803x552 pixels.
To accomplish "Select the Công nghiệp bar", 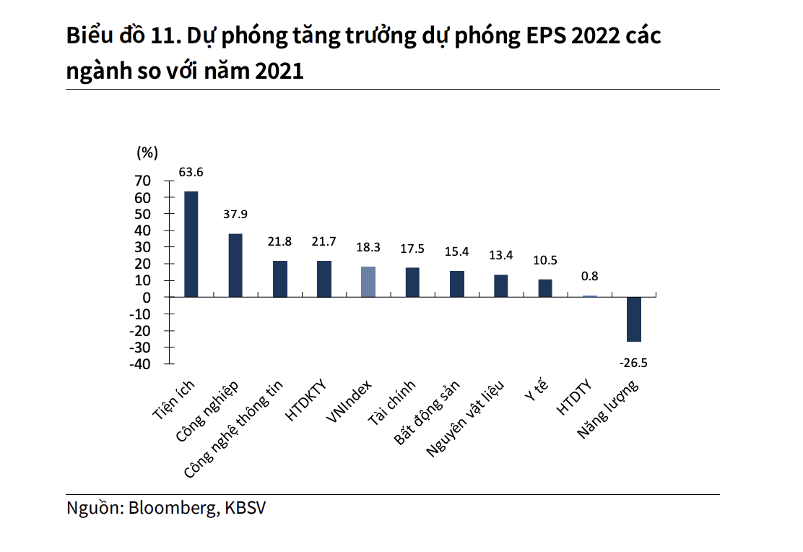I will click(x=235, y=265).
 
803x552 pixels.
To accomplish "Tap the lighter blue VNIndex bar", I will click(x=368, y=282).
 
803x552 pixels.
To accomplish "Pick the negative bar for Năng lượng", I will click(x=634, y=319).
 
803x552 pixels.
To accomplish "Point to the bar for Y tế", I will click(x=545, y=288).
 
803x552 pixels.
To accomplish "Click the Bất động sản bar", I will click(x=456, y=284).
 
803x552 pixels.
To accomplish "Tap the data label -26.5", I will click(x=633, y=362).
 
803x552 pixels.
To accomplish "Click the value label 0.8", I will click(x=589, y=276).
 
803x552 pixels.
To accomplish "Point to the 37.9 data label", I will click(x=235, y=215).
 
